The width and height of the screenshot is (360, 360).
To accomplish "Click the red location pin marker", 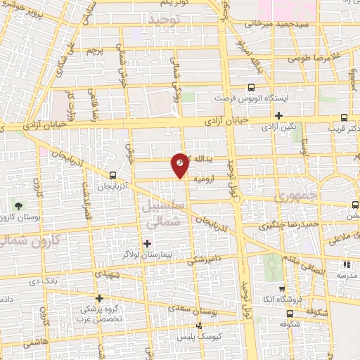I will (181, 165).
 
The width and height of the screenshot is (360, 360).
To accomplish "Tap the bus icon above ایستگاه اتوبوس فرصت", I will (251, 88).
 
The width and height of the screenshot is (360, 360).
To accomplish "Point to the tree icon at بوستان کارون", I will (18, 206).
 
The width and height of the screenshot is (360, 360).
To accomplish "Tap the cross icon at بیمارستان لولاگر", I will (147, 244).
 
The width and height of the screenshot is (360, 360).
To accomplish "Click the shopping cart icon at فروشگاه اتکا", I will (282, 288).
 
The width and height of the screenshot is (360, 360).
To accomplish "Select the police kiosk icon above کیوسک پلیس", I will (199, 326).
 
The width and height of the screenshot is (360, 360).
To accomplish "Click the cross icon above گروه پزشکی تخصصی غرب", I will (100, 298).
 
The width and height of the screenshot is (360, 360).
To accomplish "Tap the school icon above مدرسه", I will (345, 264).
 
